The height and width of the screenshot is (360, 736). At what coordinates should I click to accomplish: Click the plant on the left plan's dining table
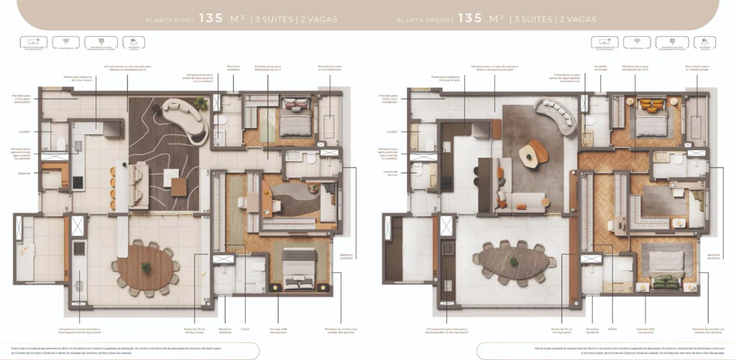(x=146, y=267)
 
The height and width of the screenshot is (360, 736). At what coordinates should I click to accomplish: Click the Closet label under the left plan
(x=245, y=330)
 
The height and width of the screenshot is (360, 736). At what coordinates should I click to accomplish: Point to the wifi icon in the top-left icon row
(x=65, y=45)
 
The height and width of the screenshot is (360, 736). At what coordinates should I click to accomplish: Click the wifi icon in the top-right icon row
(x=635, y=45)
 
